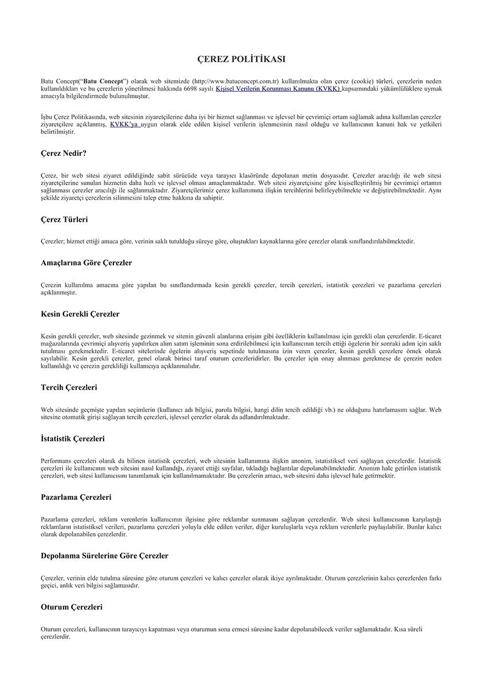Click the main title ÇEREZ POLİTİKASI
coord(241,59)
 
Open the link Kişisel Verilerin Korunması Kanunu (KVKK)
coord(278,88)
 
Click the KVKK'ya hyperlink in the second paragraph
coord(124,124)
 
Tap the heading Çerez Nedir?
coord(64,153)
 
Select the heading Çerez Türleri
coord(64,220)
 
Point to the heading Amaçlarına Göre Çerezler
coord(86,263)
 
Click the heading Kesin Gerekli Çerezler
coord(80,314)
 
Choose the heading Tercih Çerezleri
coord(69,388)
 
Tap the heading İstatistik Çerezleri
coord(72,439)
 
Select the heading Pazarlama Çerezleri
coord(76,497)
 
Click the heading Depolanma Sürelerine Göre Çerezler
coord(105,556)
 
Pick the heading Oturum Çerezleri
coord(71,607)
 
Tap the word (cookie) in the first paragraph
coord(363,81)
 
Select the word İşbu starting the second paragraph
coord(48,117)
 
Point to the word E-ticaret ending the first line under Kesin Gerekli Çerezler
coord(430,336)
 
